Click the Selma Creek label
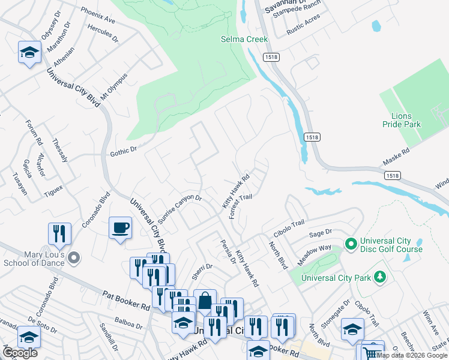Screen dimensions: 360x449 pos(243,39)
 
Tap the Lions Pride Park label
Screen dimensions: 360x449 pos(402,120)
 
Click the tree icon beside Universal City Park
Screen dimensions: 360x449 pos(379,277)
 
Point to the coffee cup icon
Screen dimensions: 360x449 pos(120,227)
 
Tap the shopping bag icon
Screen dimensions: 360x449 pos(205,300)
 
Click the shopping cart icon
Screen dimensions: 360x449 pos(372,353)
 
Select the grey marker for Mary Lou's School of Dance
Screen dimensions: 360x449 pos(74,258)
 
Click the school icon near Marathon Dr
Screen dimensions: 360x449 pos(29,52)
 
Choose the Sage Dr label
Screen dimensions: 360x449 pos(320,233)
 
